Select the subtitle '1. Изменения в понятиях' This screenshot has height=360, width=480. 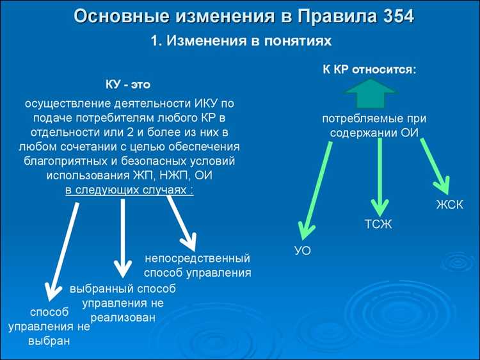(x=241, y=41)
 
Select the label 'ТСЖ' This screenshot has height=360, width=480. (x=378, y=224)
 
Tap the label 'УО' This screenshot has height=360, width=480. (x=302, y=250)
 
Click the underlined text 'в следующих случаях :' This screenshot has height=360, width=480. (x=129, y=190)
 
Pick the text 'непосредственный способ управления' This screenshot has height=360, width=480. (x=196, y=266)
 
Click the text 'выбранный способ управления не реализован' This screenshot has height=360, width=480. (x=122, y=302)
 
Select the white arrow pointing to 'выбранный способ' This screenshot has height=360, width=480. (x=122, y=237)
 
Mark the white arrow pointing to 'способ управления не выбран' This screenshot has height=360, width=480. (x=66, y=247)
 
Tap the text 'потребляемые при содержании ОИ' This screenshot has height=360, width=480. (x=374, y=126)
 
